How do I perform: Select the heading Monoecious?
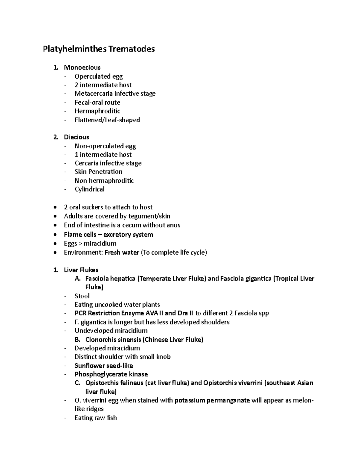coord(82,67)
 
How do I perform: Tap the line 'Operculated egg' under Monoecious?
coord(99,76)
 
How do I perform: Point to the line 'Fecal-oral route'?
coord(97,102)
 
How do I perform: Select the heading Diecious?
coord(76,137)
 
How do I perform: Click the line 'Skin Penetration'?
coord(99,172)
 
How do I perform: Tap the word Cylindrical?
coord(90,189)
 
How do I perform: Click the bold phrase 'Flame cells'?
coord(80,235)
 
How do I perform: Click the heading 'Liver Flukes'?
coord(81,270)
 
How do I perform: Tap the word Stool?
coord(82,296)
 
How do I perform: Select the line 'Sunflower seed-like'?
coord(104,366)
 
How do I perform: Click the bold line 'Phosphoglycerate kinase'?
coord(111,374)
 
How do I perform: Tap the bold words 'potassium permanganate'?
coord(212,400)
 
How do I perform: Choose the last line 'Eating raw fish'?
coord(96,418)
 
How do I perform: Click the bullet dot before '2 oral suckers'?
coord(55,208)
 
